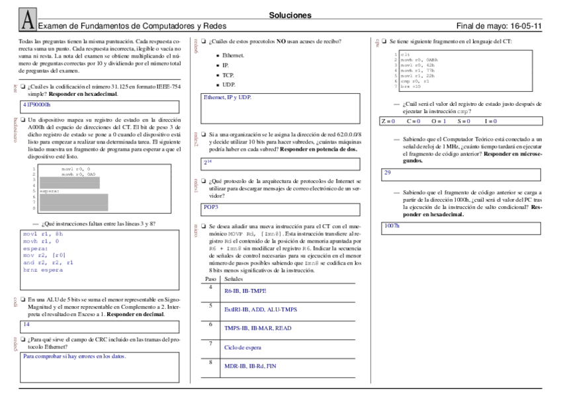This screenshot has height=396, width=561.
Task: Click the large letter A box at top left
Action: pyautogui.click(x=26, y=20)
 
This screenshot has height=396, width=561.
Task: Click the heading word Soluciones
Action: pyautogui.click(x=290, y=15)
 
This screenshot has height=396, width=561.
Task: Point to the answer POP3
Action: pyautogui.click(x=211, y=207)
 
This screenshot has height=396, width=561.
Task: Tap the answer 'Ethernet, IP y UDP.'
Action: pyautogui.click(x=228, y=97)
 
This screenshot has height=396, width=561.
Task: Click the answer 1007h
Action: pyautogui.click(x=392, y=225)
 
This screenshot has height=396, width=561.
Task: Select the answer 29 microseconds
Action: pyautogui.click(x=388, y=172)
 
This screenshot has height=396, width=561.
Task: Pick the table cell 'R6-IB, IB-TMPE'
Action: pyautogui.click(x=245, y=291)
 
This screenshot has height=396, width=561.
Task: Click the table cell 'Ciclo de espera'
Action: pyautogui.click(x=243, y=346)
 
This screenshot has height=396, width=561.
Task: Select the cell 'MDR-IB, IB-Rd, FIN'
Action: pyautogui.click(x=249, y=366)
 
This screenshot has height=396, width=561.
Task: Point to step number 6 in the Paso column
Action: pyautogui.click(x=210, y=324)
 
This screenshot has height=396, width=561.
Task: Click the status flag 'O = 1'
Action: pyautogui.click(x=439, y=122)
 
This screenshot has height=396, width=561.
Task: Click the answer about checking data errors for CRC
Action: pyautogui.click(x=74, y=356)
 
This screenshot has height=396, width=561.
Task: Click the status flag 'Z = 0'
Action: pyautogui.click(x=388, y=122)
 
